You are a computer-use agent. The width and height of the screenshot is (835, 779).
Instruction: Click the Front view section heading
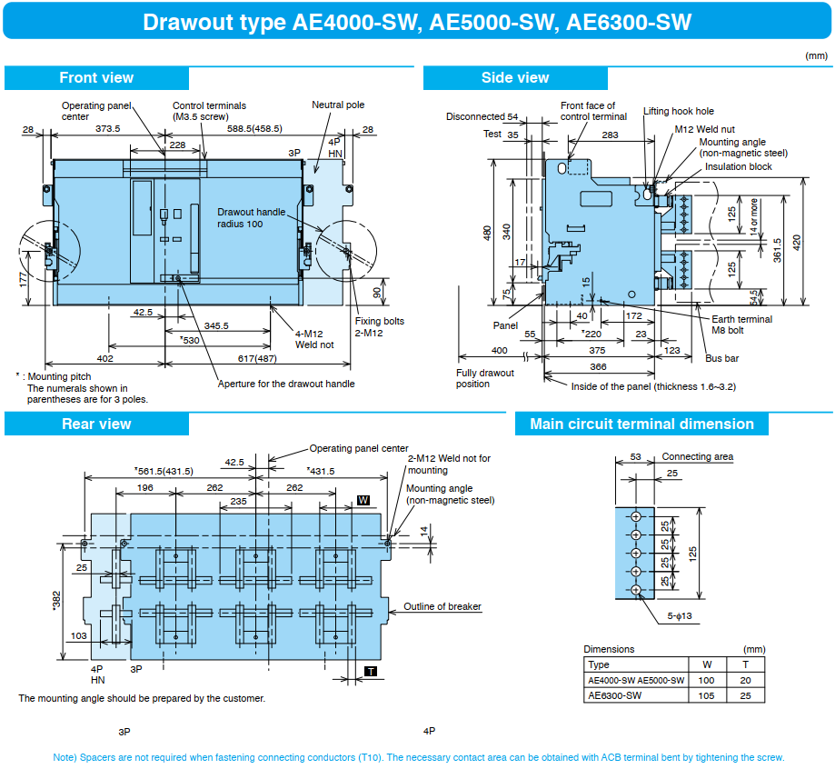[96, 78]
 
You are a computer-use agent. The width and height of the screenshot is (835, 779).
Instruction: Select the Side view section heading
[515, 78]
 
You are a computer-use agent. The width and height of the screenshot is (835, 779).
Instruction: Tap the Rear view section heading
[96, 424]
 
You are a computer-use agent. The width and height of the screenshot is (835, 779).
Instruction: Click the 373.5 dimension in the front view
[108, 128]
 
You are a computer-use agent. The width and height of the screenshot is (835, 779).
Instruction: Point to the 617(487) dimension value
[257, 359]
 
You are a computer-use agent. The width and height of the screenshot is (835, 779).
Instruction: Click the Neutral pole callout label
[338, 105]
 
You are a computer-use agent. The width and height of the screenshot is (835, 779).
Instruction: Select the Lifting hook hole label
[679, 112]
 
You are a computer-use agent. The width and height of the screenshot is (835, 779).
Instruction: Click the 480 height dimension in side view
[487, 234]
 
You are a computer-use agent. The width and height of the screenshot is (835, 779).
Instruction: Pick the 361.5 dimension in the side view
[778, 250]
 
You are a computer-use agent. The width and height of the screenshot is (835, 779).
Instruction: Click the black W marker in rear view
[363, 500]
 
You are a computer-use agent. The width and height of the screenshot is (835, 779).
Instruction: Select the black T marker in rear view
[371, 672]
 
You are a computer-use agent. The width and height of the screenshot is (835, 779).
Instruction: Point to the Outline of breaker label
[442, 606]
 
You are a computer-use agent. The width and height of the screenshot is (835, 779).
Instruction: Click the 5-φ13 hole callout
[680, 616]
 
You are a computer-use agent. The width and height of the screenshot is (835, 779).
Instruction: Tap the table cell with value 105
[706, 695]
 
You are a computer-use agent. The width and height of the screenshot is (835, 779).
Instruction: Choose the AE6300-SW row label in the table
[614, 695]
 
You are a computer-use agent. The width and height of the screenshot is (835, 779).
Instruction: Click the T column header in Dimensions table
[746, 664]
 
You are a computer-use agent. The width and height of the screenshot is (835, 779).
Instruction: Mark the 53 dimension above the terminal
[636, 456]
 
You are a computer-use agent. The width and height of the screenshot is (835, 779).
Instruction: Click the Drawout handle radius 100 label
[251, 218]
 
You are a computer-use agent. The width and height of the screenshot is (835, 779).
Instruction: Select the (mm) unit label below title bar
[816, 56]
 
